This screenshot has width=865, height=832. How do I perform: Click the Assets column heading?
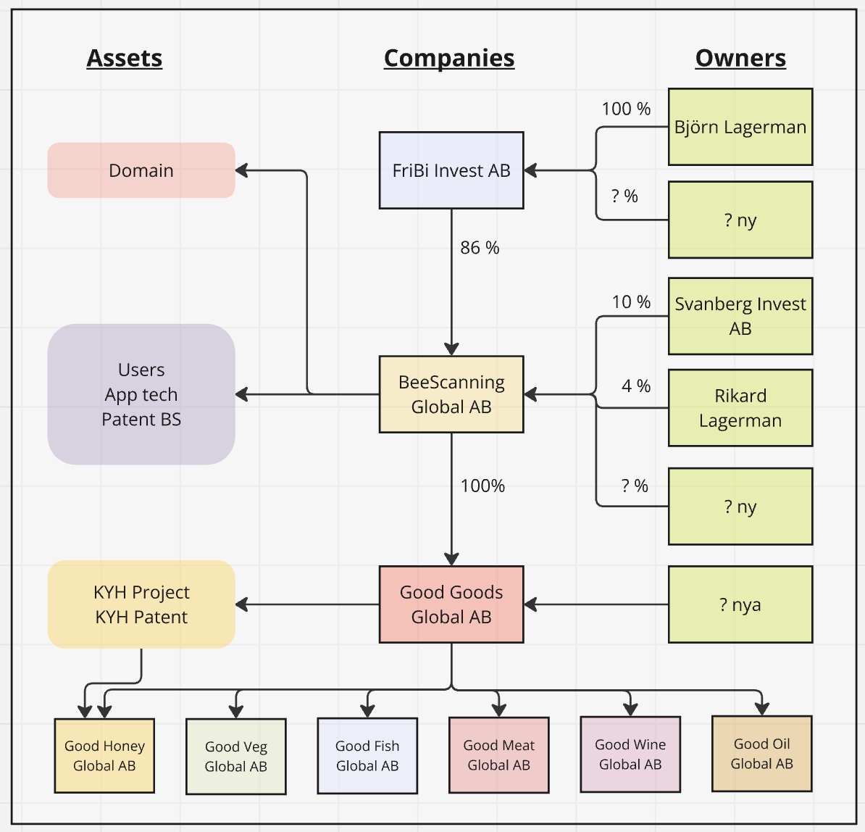click(124, 58)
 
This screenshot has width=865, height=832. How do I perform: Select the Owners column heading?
click(740, 58)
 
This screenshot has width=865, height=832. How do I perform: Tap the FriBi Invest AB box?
click(451, 170)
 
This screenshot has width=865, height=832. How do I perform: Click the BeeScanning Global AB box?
click(451, 394)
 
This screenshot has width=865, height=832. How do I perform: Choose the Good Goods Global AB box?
click(451, 604)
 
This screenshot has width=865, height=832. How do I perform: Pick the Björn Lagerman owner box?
click(740, 127)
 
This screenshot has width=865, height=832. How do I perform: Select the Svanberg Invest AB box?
click(740, 316)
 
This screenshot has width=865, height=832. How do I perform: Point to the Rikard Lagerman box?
click(740, 407)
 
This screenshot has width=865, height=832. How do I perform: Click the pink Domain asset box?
click(141, 170)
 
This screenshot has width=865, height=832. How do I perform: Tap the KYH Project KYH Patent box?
click(141, 604)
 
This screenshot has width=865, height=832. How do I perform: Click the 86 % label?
click(480, 248)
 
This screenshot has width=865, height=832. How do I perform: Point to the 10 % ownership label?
click(631, 302)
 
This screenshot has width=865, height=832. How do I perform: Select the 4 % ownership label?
click(636, 386)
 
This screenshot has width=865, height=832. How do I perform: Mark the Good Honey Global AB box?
click(104, 756)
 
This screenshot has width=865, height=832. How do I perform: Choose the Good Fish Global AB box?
click(367, 756)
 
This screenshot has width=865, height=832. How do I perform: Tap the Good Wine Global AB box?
click(630, 754)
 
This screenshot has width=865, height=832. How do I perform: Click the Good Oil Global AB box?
click(761, 754)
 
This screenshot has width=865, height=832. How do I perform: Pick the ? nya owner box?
click(740, 604)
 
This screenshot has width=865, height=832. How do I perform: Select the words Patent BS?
click(141, 420)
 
